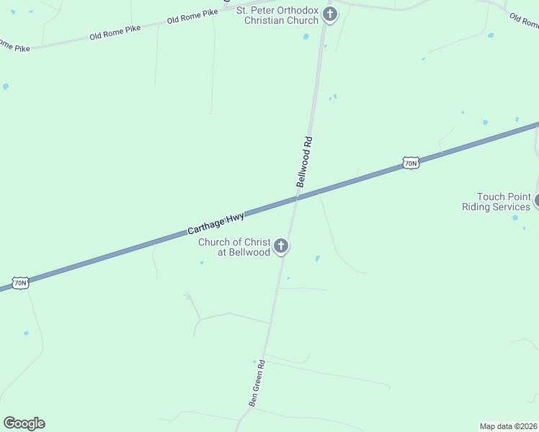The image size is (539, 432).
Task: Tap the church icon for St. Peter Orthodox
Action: click(330, 14)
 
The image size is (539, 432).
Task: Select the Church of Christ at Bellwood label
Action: click(234, 247)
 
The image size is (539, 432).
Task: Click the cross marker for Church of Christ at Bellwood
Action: click(281, 246)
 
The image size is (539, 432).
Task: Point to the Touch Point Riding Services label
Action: click(496, 202)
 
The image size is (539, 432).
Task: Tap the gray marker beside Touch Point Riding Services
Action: click(537, 200)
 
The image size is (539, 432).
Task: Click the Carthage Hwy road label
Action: click(216, 222)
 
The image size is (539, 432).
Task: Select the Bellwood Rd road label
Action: click(305, 162)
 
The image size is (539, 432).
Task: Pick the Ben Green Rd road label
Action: click(258, 383)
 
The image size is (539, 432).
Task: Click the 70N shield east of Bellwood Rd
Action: click(410, 163)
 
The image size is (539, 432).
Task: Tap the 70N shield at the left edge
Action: click(20, 282)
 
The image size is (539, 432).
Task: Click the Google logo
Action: click(24, 423)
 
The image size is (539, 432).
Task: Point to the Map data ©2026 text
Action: click(509, 426)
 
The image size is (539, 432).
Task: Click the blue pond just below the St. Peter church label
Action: click(306, 36)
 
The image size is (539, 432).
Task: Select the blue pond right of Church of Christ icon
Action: click(317, 258)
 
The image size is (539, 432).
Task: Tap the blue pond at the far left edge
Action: click(6, 86)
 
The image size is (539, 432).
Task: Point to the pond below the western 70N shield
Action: click(26, 333)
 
